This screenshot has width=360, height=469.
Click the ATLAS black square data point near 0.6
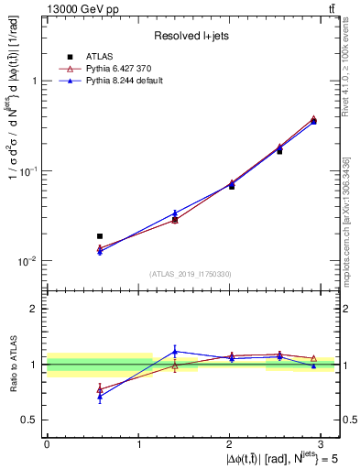(x=100, y=236)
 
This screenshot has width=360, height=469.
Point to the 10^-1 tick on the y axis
(x=30, y=171)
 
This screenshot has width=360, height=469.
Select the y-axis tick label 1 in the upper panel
(x=36, y=81)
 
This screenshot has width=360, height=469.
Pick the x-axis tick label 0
(x=47, y=443)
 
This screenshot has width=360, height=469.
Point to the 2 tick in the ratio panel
(x=35, y=309)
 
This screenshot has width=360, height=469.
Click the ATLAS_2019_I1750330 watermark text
(x=191, y=274)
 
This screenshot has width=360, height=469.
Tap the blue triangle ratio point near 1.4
(x=175, y=352)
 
